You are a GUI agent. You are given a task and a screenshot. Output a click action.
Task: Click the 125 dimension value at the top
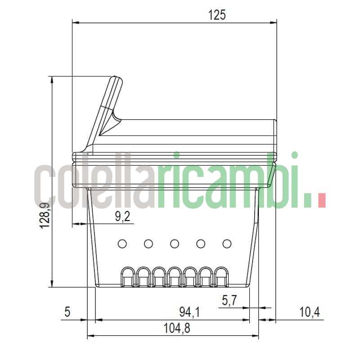(217, 15)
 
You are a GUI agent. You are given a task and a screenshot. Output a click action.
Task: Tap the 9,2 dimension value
(122, 217)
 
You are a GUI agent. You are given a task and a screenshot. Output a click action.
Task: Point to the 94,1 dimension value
(189, 311)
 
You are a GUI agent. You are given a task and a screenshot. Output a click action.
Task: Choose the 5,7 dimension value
(229, 300)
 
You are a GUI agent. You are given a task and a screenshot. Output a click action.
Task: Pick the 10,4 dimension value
(309, 311)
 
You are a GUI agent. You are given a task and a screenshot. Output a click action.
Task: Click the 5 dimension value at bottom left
(67, 311)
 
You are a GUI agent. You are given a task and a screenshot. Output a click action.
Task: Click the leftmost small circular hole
(122, 244)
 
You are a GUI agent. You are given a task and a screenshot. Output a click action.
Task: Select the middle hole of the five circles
(175, 244)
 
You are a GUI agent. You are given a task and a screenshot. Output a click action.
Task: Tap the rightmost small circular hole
(227, 244)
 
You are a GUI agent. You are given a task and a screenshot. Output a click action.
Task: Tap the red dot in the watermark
(321, 201)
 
